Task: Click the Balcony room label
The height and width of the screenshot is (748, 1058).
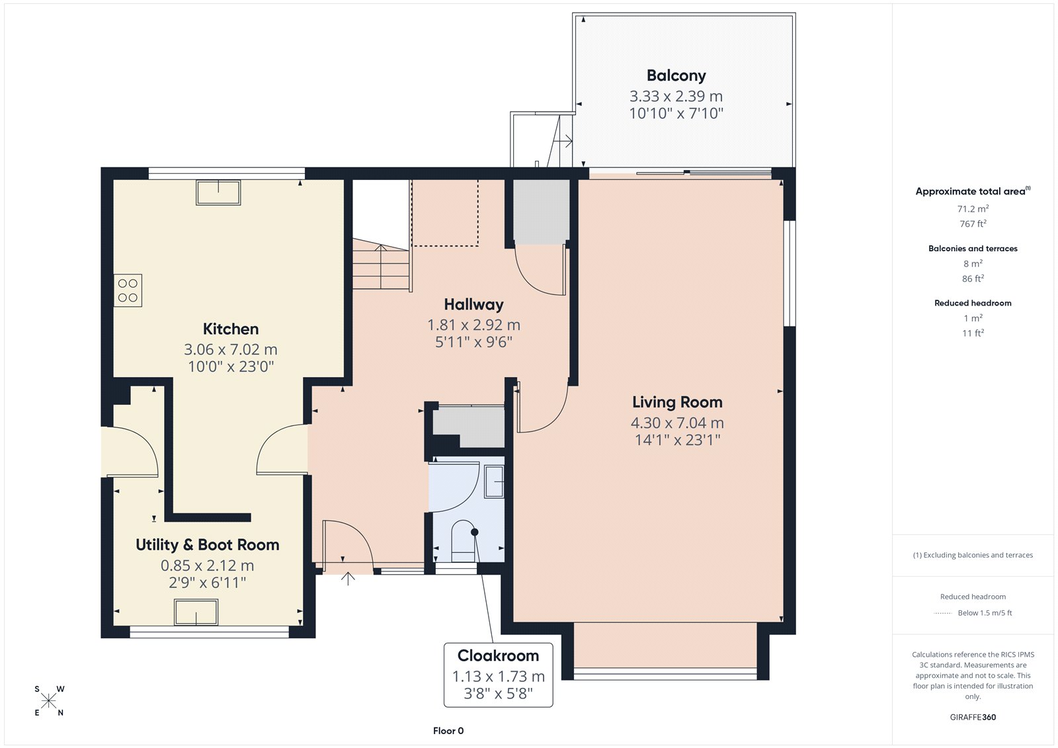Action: click(676, 75)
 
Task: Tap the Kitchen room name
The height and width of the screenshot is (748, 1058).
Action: click(231, 329)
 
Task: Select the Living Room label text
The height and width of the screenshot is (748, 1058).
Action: click(677, 402)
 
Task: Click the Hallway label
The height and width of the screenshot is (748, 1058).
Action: click(473, 305)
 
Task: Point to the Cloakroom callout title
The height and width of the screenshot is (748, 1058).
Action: click(499, 655)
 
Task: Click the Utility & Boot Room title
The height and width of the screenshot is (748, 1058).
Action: click(208, 545)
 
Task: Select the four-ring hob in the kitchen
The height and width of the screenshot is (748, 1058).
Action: click(128, 290)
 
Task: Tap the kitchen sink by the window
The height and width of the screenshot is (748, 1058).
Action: click(218, 192)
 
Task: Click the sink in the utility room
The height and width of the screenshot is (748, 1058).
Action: click(196, 612)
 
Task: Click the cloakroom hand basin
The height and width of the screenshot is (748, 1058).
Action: click(494, 481)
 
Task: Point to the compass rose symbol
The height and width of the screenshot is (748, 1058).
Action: click(49, 701)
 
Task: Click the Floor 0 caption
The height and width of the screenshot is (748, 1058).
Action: click(448, 731)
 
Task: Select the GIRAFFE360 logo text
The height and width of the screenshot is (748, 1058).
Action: click(973, 717)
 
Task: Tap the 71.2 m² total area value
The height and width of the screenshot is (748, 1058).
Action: click(973, 208)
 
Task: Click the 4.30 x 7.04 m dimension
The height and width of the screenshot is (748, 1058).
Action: click(677, 423)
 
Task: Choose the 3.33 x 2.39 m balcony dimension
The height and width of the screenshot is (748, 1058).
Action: click(676, 97)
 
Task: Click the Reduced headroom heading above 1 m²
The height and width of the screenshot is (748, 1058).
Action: click(973, 303)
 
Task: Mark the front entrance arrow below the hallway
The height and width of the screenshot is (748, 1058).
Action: click(348, 579)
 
